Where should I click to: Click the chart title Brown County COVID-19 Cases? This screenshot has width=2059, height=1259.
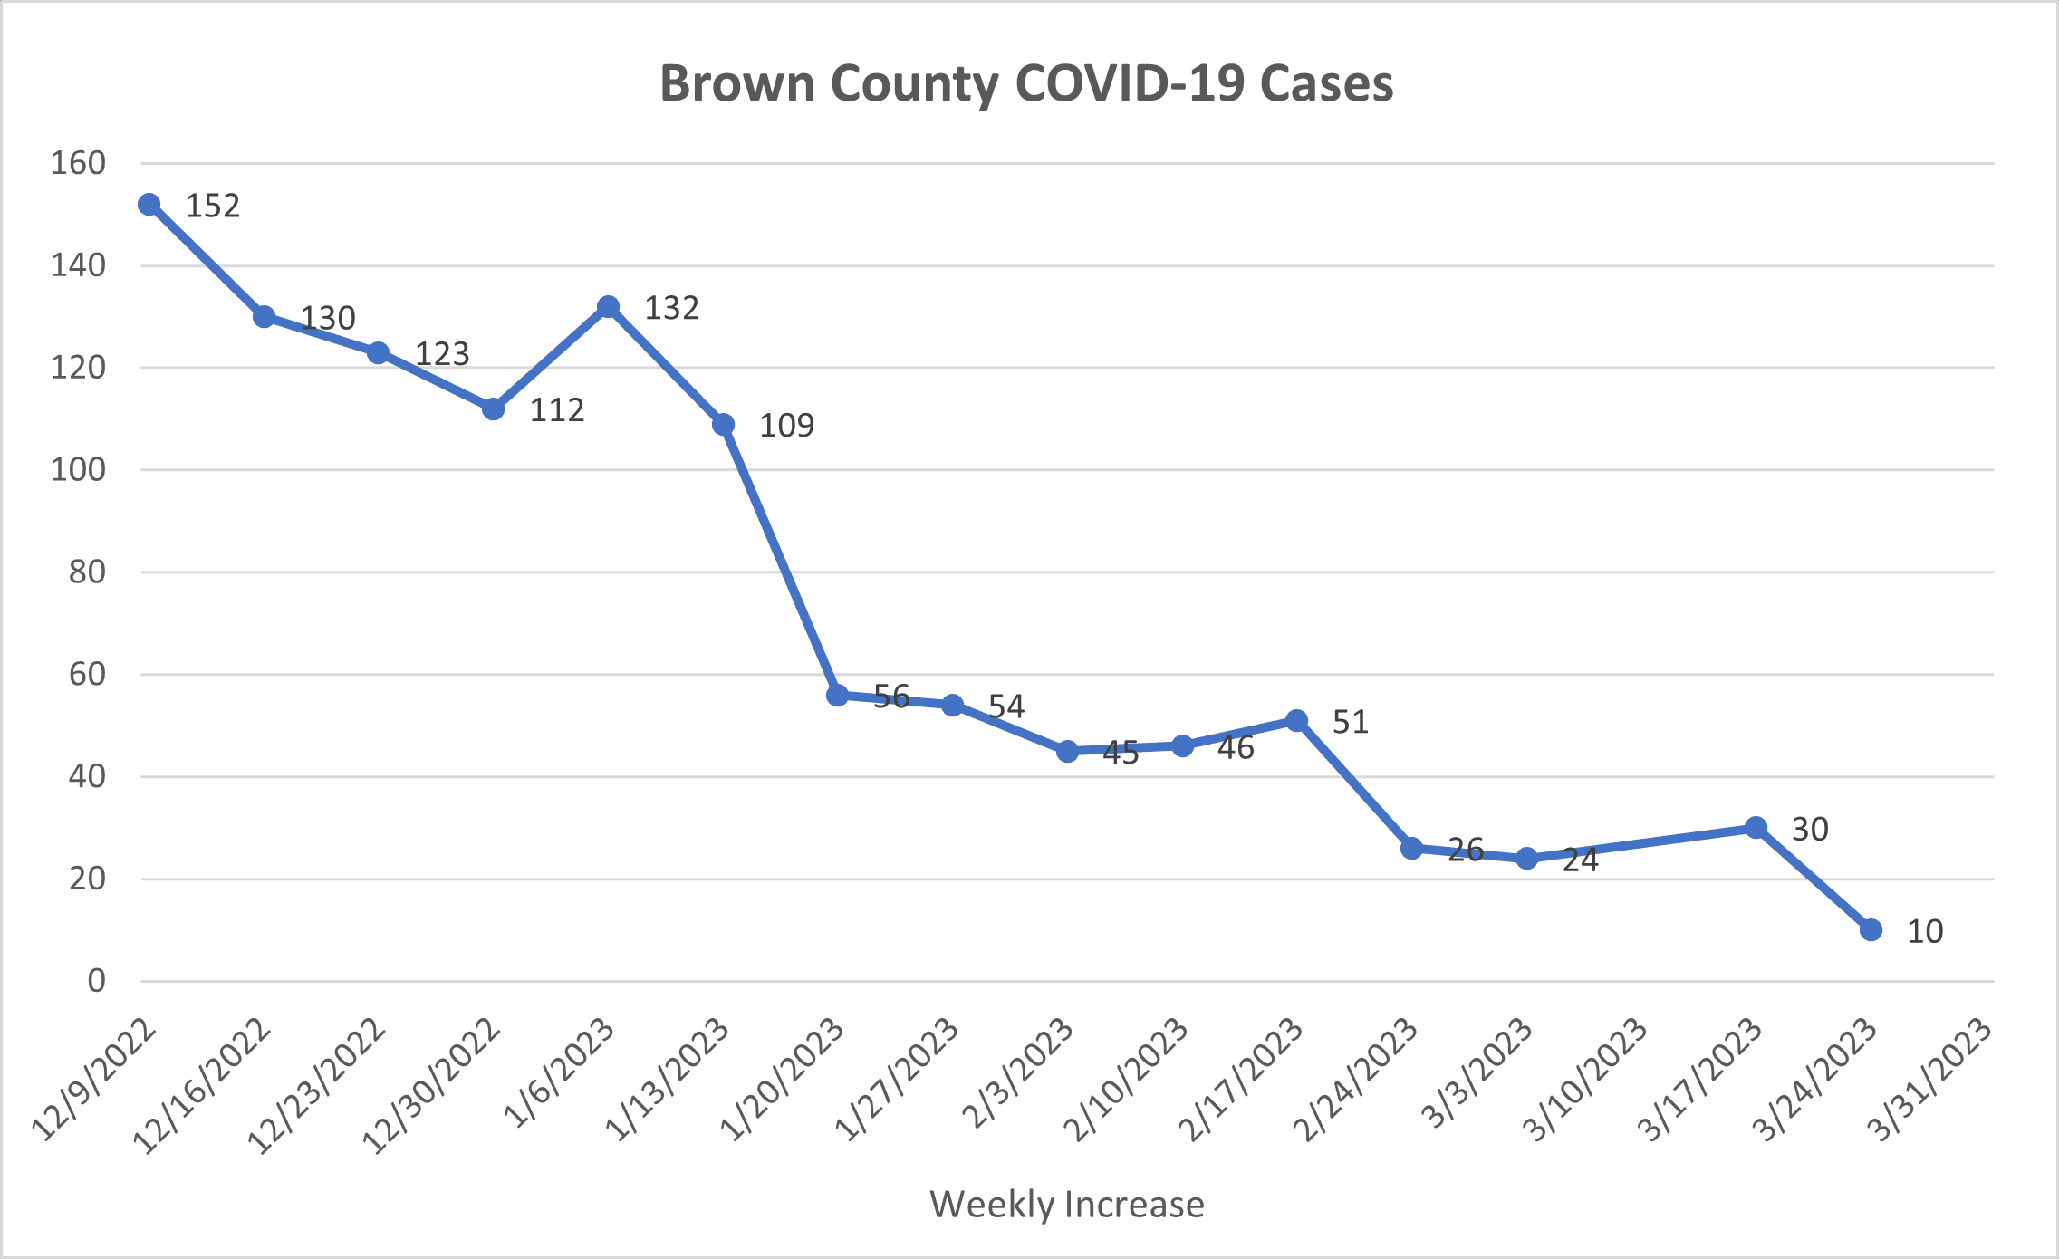pyautogui.click(x=1026, y=83)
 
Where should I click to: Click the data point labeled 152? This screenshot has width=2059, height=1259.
pyautogui.click(x=149, y=205)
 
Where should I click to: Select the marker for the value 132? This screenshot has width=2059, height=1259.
pyautogui.click(x=609, y=307)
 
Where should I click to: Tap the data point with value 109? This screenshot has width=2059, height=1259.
pyautogui.click(x=723, y=424)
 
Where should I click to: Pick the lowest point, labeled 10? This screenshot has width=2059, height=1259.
pyautogui.click(x=1871, y=929)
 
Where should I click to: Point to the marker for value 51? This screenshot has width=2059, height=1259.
pyautogui.click(x=1296, y=720)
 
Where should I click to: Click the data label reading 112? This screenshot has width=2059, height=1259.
pyautogui.click(x=556, y=410)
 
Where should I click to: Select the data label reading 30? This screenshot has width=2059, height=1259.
pyautogui.click(x=1810, y=829)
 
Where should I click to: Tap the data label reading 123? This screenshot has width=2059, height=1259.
pyautogui.click(x=442, y=353)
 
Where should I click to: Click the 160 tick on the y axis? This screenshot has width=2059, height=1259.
pyautogui.click(x=79, y=164)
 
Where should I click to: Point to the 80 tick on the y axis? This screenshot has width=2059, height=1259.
pyautogui.click(x=88, y=572)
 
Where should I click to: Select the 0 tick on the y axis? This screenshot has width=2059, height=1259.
pyautogui.click(x=97, y=981)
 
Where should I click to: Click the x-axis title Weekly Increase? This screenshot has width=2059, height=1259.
pyautogui.click(x=1067, y=1205)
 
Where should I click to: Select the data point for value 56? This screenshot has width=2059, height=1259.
pyautogui.click(x=838, y=695)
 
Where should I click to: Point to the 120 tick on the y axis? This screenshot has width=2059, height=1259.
pyautogui.click(x=79, y=368)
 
